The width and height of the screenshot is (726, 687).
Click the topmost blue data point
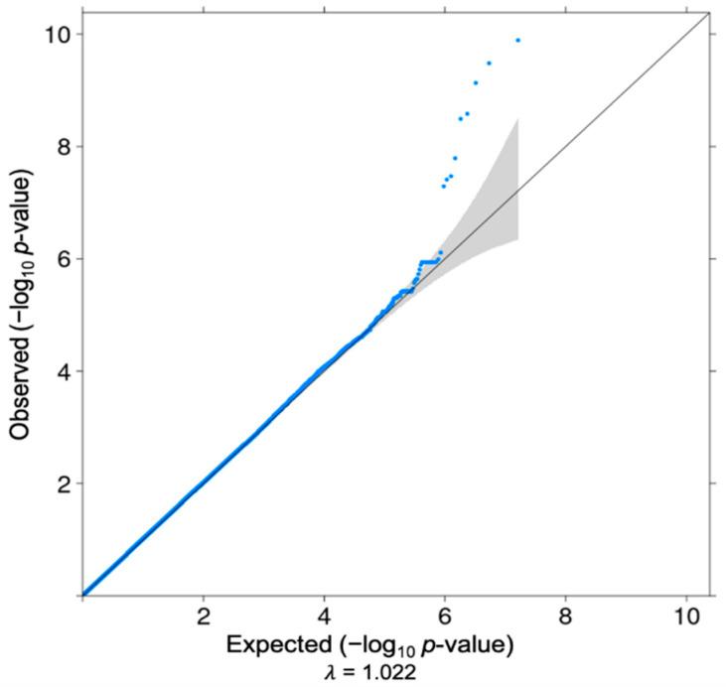pos(517,40)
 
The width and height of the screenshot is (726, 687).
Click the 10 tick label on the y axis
pos(56,34)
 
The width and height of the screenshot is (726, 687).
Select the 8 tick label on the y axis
pos(62,146)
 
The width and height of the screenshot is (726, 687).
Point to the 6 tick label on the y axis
pos(62,258)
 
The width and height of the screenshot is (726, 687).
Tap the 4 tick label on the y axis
pos(62,371)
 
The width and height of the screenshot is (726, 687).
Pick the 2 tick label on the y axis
pos(62,483)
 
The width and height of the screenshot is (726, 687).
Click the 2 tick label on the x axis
pos(204,616)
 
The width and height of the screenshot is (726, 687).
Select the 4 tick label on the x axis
pos(324,616)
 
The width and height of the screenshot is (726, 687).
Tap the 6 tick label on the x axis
pos(445,616)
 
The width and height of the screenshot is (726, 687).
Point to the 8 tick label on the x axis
pos(566,616)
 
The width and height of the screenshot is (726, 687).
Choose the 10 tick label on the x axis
pos(686,616)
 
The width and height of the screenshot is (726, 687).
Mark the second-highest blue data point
pos(489,63)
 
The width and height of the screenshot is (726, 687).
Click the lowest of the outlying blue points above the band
pos(443,186)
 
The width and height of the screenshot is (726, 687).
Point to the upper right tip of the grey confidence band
pos(518,119)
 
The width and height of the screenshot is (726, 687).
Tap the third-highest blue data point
pos(476,82)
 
